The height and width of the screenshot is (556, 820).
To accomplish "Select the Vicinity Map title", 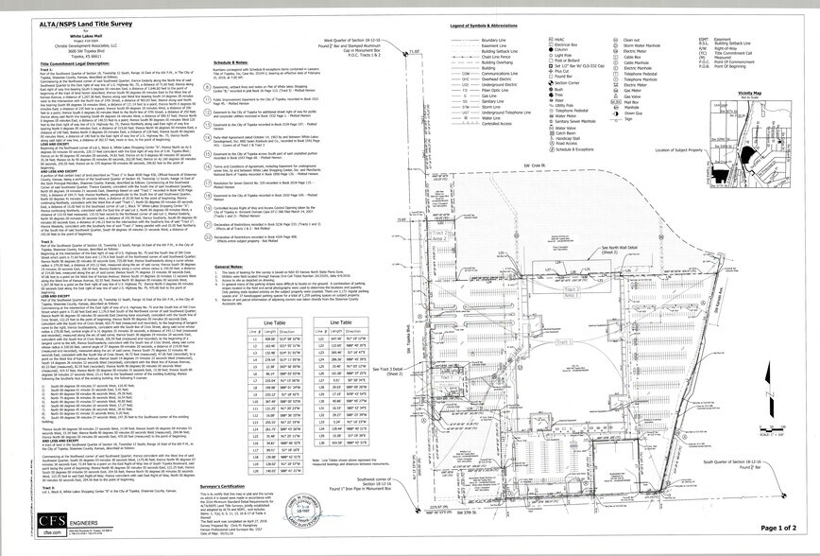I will point(750,94).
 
